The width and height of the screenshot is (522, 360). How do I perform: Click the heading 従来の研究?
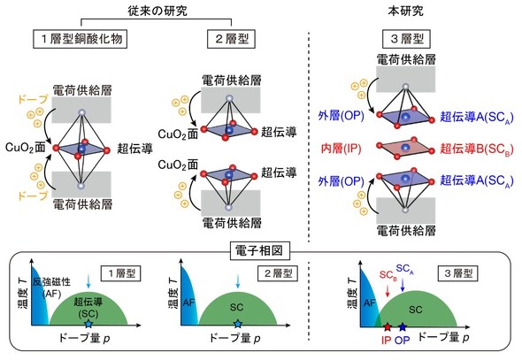tap(157, 11)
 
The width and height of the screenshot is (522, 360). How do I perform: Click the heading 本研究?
tap(405, 11)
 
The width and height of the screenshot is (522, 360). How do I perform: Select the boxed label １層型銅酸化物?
tap(81, 39)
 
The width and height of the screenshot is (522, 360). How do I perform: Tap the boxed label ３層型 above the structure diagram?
tap(406, 39)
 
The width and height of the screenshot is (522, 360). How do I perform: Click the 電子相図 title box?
tap(259, 250)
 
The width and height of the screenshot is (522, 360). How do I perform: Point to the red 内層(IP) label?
tap(342, 149)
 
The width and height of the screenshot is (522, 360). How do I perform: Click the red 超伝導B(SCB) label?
tap(477, 149)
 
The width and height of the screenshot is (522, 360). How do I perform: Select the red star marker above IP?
tap(387, 327)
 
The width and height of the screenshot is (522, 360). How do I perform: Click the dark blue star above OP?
tap(403, 327)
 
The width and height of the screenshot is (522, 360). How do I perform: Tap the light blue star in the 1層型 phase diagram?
tap(88, 324)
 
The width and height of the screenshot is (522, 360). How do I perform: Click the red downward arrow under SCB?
tap(388, 290)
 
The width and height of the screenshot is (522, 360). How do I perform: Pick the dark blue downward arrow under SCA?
tap(403, 285)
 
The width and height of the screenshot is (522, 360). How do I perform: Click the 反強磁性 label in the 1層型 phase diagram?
tap(51, 282)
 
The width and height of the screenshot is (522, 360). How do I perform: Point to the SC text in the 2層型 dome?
tap(237, 307)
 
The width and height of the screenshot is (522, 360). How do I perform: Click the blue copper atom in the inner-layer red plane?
tap(405, 148)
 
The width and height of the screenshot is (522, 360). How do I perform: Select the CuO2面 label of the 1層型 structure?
tap(26, 148)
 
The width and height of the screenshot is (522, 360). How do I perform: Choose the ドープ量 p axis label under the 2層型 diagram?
tap(234, 339)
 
